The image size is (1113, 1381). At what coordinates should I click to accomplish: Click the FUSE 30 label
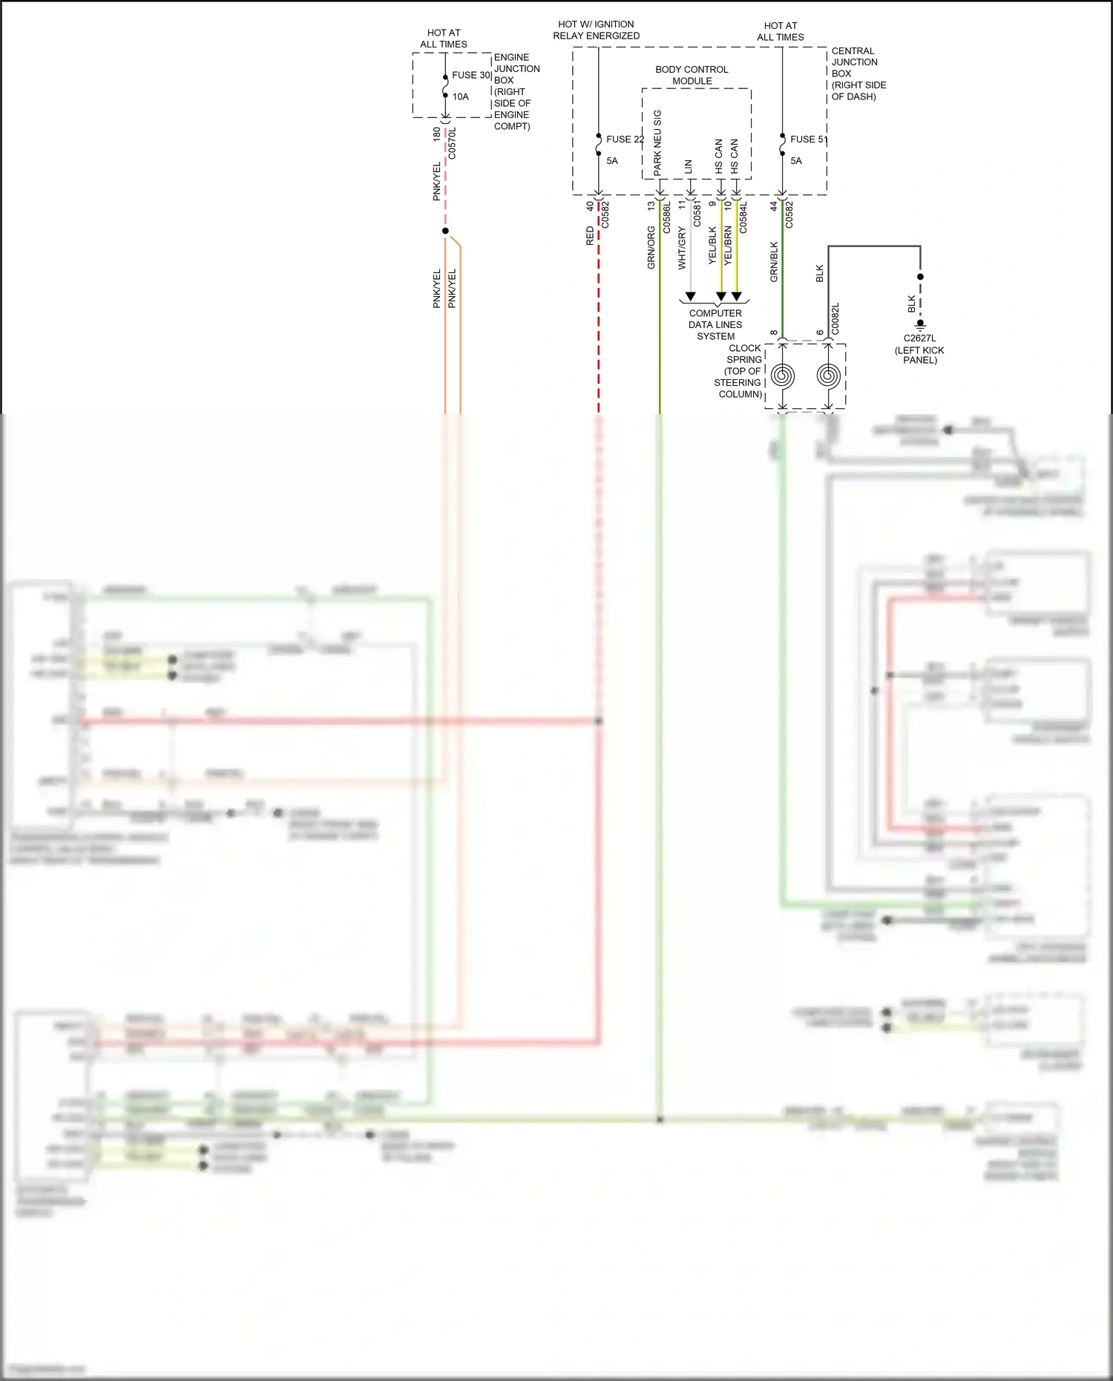[470, 75]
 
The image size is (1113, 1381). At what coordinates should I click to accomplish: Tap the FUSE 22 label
[624, 139]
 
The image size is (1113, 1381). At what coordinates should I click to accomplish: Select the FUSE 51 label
[807, 139]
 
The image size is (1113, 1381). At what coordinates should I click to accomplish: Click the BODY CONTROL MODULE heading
[692, 75]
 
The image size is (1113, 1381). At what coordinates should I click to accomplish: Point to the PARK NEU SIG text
[657, 143]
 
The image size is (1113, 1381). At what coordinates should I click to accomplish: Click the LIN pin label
[689, 167]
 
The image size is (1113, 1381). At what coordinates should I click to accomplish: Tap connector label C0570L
[453, 143]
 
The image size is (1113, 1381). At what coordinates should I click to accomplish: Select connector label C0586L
[666, 217]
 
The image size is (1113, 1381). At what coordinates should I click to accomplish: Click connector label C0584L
[743, 217]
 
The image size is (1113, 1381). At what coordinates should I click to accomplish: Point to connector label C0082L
[835, 318]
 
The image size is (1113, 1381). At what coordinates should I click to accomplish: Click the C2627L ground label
[919, 338]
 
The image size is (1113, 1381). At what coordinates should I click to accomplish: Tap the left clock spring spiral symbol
[783, 375]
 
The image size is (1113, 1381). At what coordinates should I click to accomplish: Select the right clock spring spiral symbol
[829, 375]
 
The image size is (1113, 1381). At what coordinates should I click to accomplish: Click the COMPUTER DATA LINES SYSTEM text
[715, 324]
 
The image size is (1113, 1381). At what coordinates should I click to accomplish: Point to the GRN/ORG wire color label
[651, 248]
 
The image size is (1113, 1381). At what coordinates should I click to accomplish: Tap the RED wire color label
[590, 236]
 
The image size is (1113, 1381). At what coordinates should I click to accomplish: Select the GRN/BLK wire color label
[774, 261]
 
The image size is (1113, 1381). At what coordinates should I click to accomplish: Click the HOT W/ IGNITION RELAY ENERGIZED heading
[596, 30]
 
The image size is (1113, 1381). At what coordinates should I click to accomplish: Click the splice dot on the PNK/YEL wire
[445, 231]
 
